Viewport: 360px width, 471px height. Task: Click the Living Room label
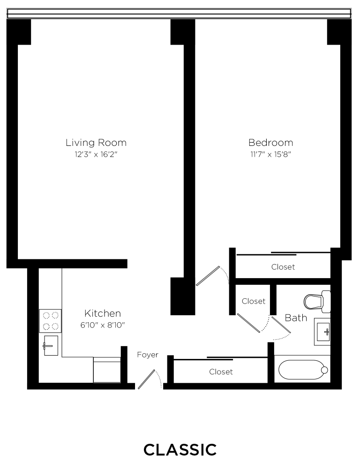[96, 143]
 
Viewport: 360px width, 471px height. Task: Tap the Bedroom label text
[270, 143]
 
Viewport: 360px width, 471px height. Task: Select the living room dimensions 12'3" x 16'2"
[96, 154]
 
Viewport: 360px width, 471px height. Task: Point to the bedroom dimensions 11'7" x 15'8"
[270, 154]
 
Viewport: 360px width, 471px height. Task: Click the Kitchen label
[103, 313]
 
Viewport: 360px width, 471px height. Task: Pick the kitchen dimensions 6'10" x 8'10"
[103, 325]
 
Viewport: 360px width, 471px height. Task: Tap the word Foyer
[148, 355]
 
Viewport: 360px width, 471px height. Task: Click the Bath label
[296, 318]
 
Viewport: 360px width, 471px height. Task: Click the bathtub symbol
[302, 370]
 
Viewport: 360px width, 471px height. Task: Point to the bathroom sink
[322, 332]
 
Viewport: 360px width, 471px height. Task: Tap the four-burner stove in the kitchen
[50, 321]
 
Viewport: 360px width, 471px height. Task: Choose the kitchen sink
[51, 346]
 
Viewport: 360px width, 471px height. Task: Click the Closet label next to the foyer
[221, 372]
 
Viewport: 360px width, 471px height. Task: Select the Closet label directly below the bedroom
[283, 267]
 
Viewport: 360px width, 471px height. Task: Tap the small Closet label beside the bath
[254, 301]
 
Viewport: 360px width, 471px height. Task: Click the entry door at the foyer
[147, 379]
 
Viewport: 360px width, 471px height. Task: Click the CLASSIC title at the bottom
[180, 450]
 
